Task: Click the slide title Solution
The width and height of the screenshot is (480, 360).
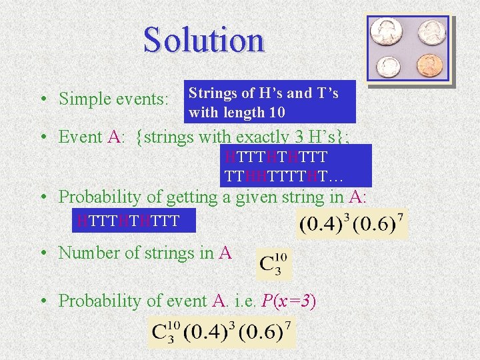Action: click(203, 39)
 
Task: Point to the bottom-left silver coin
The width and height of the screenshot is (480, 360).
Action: click(387, 66)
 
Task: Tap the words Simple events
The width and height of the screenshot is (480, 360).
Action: click(113, 99)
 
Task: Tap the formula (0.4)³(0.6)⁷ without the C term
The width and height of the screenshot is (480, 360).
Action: click(351, 224)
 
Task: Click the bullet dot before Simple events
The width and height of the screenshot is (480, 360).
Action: click(42, 99)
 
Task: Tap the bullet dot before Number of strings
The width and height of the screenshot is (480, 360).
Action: click(42, 253)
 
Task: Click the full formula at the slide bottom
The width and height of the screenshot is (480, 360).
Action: click(221, 331)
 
